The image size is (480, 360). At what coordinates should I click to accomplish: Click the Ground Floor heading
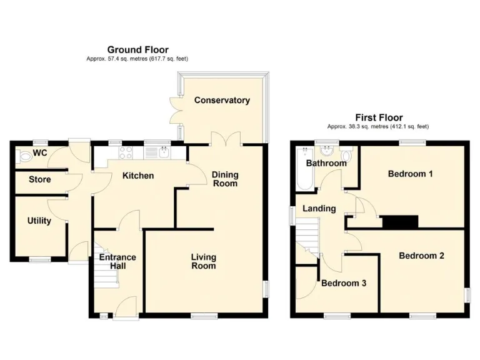[137, 50]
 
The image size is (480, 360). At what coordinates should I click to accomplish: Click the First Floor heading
[379, 117]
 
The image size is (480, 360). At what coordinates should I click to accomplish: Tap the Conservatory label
[221, 100]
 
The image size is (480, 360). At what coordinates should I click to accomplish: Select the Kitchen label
[137, 176]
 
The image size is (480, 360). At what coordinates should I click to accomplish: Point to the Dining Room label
[224, 179]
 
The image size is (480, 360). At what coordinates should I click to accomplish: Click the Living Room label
[203, 261]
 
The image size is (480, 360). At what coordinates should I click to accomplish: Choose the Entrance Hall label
[117, 261]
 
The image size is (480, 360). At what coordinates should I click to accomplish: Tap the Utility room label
[39, 221]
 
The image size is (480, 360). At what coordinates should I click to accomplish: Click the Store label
[40, 180]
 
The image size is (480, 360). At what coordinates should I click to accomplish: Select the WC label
[40, 152]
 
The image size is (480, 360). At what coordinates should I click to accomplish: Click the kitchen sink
[164, 152]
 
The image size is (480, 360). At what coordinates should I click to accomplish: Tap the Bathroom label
[326, 164]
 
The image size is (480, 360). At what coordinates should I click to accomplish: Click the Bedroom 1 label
[410, 174]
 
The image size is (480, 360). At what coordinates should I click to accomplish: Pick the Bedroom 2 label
[421, 256]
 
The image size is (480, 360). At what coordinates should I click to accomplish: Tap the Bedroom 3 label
[344, 283]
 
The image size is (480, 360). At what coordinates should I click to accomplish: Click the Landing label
[319, 208]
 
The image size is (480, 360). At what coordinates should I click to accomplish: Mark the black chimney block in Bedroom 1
[399, 222]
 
